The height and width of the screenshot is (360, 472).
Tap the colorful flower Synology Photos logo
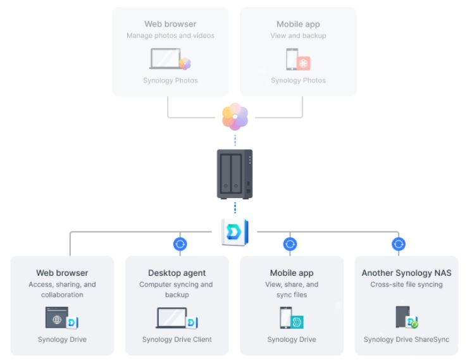[x=235, y=117]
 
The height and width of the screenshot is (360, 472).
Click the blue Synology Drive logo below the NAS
[x=235, y=232]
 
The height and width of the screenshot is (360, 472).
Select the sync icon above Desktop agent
[x=180, y=244]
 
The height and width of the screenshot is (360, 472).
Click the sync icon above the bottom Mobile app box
[x=290, y=244]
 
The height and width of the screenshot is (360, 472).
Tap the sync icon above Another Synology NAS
[x=398, y=244]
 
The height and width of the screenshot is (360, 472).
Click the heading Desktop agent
[x=176, y=273]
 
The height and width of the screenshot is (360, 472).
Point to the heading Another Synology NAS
[x=406, y=273]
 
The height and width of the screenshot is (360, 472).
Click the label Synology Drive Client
[x=177, y=340]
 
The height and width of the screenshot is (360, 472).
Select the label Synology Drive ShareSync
[x=406, y=340]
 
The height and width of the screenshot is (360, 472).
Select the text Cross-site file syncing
[x=406, y=285]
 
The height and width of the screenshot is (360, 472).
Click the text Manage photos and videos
[x=171, y=35]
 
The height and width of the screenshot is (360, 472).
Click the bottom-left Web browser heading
[x=62, y=273]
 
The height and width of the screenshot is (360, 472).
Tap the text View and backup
[x=297, y=35]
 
